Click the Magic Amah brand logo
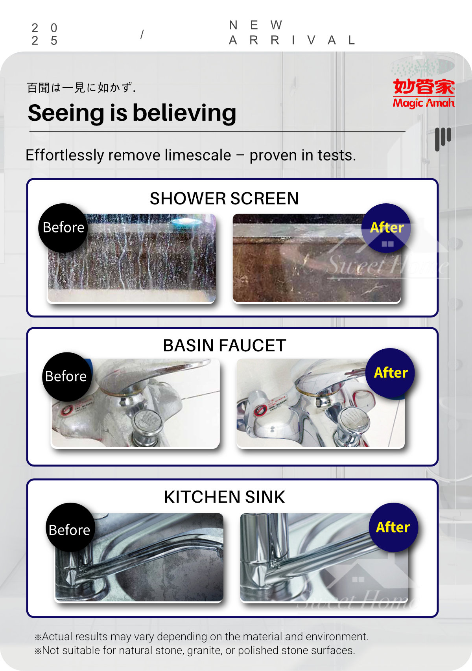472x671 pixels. click(x=424, y=93)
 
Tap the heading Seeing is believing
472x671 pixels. click(x=132, y=113)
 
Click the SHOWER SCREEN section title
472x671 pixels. click(x=224, y=199)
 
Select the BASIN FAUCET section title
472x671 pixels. click(x=224, y=346)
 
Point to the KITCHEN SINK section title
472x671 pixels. click(x=224, y=497)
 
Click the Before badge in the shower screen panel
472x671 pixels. click(x=63, y=228)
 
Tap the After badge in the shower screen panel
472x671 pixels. click(x=386, y=228)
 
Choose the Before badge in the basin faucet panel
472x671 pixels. click(x=66, y=376)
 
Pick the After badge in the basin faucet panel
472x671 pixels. click(x=390, y=372)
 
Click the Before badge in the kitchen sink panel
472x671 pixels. click(x=70, y=529)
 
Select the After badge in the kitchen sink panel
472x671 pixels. click(x=393, y=527)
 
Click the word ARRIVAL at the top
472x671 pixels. click(x=292, y=40)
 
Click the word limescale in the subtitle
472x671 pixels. click(x=198, y=155)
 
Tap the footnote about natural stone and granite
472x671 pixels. click(x=195, y=650)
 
